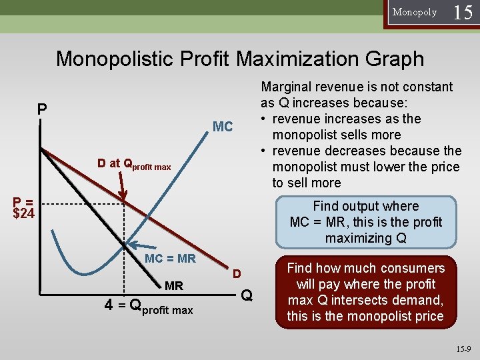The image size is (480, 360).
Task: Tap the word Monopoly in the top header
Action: tap(415, 12)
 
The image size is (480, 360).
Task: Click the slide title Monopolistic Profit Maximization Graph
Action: tap(240, 59)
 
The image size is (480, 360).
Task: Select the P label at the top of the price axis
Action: tap(42, 109)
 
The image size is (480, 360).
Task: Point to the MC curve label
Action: tap(222, 127)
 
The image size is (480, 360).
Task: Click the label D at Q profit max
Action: tap(134, 164)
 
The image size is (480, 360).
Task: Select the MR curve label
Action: tap(173, 286)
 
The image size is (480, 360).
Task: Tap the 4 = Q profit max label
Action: tap(149, 307)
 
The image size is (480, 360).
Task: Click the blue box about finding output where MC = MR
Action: tap(365, 222)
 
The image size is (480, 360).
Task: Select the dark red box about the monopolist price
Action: tap(365, 292)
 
